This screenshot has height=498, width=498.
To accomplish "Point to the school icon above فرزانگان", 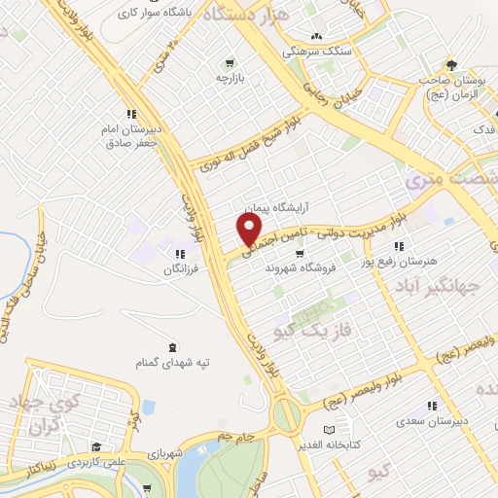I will (x=180, y=253).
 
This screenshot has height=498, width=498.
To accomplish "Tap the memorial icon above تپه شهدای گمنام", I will (x=173, y=348).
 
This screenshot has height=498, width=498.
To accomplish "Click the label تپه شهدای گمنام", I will (x=173, y=363).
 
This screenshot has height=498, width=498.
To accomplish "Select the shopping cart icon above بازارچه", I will (x=230, y=60).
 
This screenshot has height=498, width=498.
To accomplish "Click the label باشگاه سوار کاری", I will (x=155, y=14).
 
